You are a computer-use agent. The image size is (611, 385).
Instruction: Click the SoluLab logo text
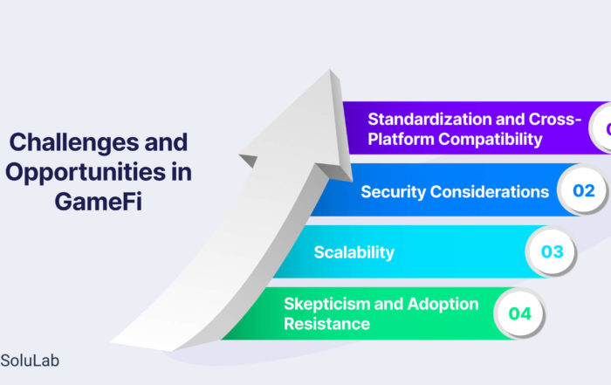30,361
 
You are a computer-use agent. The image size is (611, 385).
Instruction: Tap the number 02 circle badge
583,190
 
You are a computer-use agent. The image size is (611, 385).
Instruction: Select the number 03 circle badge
552,251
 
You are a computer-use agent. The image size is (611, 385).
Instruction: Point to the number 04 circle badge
519,313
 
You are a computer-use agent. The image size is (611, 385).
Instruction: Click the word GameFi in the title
98,202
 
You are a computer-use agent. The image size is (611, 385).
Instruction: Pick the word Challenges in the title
74,141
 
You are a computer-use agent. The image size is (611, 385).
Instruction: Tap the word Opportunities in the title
86,172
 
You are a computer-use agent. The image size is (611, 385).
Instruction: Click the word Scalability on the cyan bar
354,252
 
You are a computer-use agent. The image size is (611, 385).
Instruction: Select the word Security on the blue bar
393,192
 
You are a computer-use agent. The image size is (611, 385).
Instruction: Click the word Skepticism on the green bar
327,304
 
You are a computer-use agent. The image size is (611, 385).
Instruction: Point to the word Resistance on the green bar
326,324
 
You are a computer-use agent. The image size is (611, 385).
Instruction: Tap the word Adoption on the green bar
443,304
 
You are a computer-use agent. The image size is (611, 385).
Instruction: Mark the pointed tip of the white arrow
330,70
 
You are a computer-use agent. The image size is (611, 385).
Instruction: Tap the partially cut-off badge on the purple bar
601,128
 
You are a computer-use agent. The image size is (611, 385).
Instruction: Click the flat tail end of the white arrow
142,346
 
